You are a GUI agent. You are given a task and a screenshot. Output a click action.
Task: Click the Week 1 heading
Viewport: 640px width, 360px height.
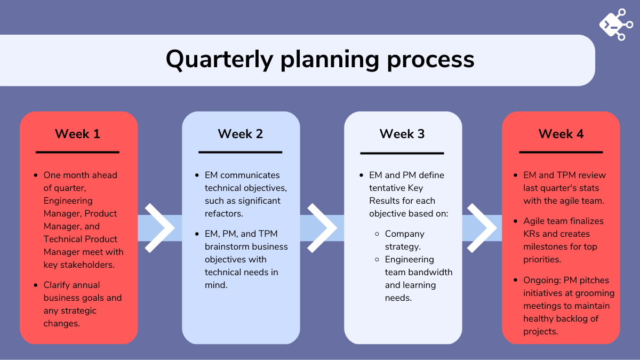click(x=77, y=133)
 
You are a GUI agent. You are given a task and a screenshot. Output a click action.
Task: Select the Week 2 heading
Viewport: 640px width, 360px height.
click(x=240, y=133)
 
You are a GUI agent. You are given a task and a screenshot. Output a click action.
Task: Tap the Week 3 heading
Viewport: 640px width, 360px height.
click(x=402, y=133)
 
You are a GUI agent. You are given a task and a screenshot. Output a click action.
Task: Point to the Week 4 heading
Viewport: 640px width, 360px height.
click(x=561, y=133)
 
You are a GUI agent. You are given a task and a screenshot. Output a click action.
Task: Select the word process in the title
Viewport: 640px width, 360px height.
click(x=431, y=59)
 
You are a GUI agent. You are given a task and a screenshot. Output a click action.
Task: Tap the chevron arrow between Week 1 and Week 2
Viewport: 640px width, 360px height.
click(x=159, y=227)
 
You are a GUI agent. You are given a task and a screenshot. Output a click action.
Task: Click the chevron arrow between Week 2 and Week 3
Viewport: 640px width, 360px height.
click(x=322, y=227)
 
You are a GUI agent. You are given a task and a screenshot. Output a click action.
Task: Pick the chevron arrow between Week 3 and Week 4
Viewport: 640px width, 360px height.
click(x=482, y=227)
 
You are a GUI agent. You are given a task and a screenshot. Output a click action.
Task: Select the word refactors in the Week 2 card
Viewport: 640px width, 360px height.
click(x=225, y=213)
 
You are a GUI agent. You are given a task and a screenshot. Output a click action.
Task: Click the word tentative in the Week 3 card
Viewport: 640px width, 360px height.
click(x=388, y=188)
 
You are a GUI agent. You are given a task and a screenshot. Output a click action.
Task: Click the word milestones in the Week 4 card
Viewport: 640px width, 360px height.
click(x=547, y=246)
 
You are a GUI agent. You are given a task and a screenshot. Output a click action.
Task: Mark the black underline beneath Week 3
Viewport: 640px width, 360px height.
click(x=402, y=153)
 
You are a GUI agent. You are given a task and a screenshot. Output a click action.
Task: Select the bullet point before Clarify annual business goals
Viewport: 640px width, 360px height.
click(x=36, y=285)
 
